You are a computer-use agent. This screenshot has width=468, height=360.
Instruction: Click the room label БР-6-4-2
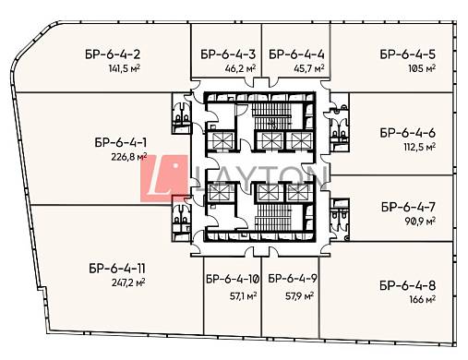point(113,54)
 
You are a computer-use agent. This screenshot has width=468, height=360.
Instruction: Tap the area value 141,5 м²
point(125,68)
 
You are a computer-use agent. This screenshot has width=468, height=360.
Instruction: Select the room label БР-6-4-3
point(228,54)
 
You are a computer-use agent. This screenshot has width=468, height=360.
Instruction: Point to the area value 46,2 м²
point(240,68)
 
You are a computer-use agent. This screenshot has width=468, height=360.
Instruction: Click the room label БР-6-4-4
point(296,54)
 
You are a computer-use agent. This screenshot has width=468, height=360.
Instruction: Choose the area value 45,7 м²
point(309,68)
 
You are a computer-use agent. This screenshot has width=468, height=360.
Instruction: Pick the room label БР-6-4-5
point(408,54)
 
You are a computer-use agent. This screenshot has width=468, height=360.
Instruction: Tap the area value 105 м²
point(422,68)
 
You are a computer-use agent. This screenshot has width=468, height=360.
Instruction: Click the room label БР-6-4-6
point(408,133)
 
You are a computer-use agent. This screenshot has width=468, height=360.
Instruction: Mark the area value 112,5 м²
point(420,147)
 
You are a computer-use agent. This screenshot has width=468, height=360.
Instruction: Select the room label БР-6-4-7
point(408,207)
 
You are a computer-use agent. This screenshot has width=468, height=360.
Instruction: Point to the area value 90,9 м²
point(420,221)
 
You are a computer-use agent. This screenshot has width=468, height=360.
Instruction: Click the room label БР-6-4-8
point(408,286)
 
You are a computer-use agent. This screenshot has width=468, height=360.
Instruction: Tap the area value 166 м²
point(423,299)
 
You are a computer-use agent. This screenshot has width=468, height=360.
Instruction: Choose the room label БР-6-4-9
point(293,279)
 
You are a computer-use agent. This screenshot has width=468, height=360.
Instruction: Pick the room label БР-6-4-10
point(233,279)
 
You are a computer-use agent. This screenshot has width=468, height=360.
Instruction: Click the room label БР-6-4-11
point(117,269)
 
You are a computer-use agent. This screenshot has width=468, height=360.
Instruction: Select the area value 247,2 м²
point(128,282)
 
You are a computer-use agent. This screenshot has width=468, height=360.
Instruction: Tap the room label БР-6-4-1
point(121,143)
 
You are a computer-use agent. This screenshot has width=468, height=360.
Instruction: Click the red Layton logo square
point(164,179)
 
